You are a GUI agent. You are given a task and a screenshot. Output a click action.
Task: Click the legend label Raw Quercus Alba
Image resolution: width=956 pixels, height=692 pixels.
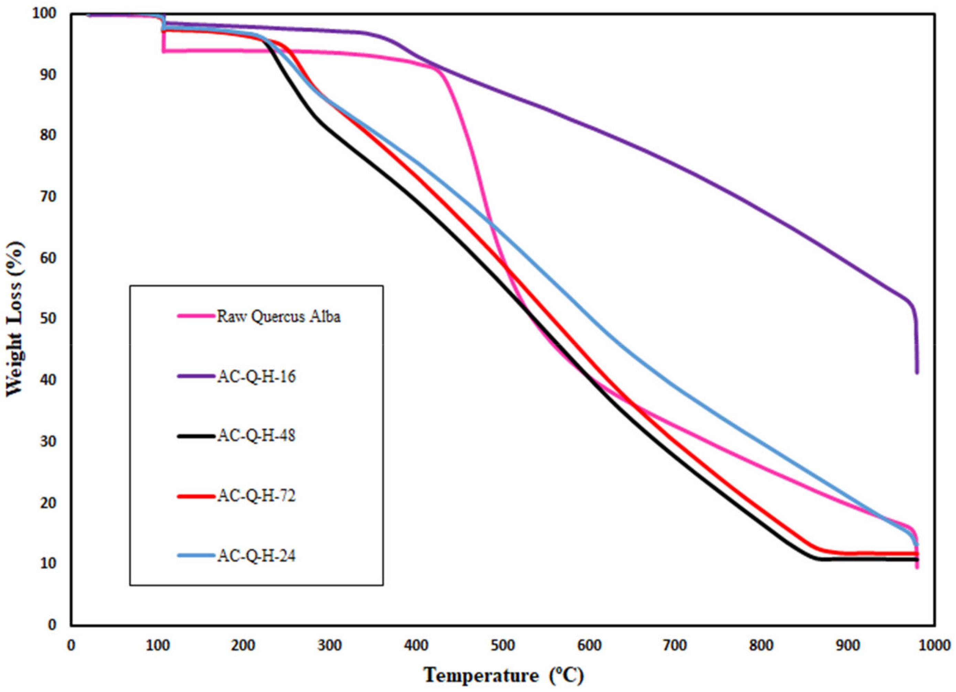[x=278, y=316]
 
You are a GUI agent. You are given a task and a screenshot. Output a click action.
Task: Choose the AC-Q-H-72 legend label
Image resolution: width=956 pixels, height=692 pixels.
[x=256, y=496]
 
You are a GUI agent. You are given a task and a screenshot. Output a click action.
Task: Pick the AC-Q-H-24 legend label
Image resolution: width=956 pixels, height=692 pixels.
[x=256, y=556]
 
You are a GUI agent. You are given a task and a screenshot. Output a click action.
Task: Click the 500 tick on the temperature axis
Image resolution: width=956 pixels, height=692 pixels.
[x=503, y=646]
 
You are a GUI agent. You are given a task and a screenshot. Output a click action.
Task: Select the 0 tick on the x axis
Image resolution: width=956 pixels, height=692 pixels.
[x=71, y=646]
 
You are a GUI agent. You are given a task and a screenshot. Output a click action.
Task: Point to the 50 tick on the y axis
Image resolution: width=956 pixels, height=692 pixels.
[x=49, y=318]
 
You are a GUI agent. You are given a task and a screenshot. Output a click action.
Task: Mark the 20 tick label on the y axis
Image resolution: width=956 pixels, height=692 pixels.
[x=49, y=503]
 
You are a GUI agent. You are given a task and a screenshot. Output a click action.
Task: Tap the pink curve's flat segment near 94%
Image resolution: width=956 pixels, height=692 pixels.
[x=211, y=51]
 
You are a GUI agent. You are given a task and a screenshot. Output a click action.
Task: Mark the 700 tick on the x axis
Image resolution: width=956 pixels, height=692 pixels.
[x=676, y=646]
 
